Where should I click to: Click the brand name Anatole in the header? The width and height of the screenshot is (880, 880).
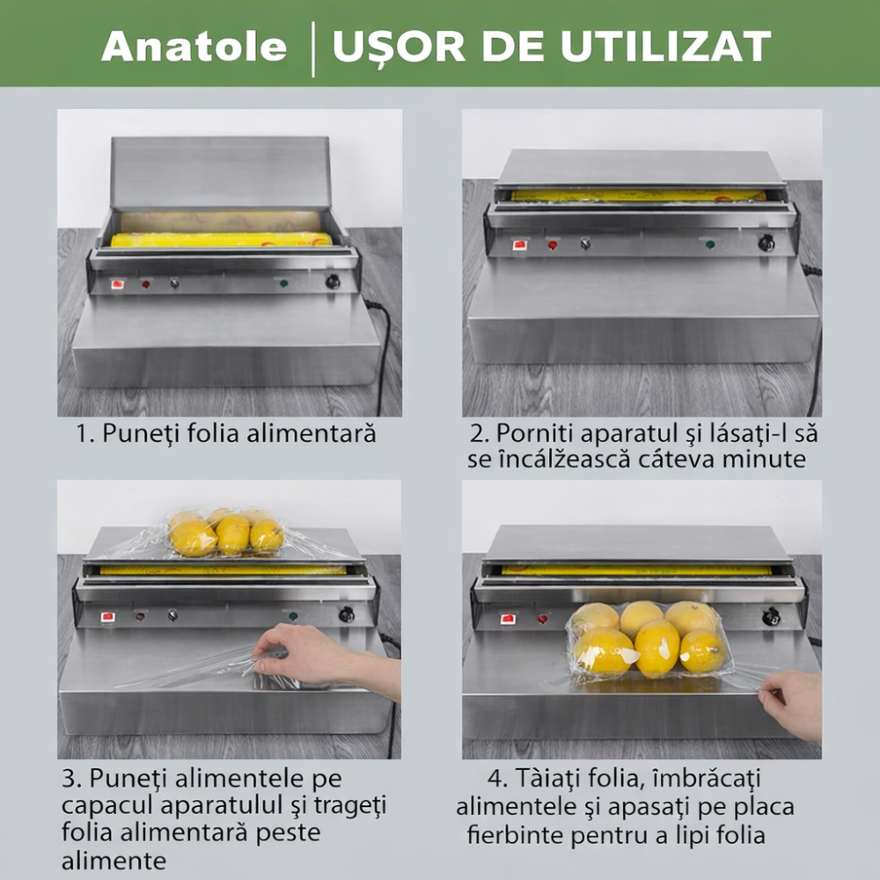pos(194,46)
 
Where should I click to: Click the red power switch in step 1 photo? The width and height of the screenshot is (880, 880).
pos(117,284)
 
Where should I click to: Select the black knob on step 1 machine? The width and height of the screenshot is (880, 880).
pos(333,282)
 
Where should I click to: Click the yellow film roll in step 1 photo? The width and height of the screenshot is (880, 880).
pos(220,239)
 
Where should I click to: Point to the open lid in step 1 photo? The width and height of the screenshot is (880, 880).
pos(220,172)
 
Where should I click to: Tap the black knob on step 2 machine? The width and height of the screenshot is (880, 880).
pos(766,243)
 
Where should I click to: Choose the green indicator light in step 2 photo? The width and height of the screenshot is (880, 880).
pos(710,245)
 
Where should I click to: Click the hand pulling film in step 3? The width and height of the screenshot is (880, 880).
pos(304,656)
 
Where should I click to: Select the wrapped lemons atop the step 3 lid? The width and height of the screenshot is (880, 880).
pos(226,533)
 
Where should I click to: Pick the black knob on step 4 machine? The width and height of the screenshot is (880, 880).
pos(772,616)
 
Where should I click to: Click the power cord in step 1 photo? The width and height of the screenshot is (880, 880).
pos(383,352)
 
